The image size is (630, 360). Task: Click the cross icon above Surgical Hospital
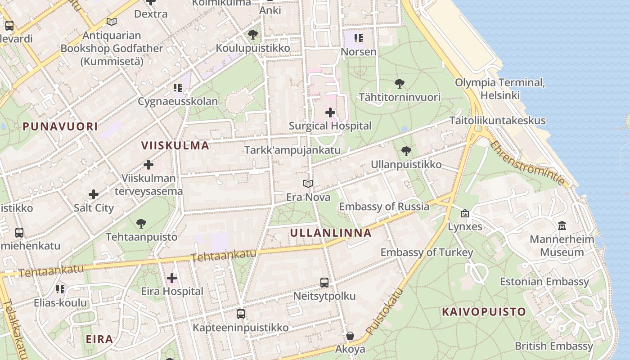[330, 112]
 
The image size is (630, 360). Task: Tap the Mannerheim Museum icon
[562, 225]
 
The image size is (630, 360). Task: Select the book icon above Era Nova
[308, 184]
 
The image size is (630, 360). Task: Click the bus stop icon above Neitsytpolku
[324, 283]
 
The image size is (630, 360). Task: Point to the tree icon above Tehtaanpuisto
[141, 223]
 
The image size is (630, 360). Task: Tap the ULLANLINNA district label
[331, 233]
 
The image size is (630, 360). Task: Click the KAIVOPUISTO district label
[484, 311]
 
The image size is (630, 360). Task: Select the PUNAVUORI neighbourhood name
[60, 126]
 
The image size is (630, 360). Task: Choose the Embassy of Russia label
[384, 207]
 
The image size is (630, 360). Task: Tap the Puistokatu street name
[383, 311]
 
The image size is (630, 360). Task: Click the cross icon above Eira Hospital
[172, 278]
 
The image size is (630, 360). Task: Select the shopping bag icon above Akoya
[350, 336]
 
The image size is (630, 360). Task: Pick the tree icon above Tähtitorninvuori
[399, 83]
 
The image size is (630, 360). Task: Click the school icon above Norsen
[358, 38]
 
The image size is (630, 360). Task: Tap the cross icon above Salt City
[94, 194]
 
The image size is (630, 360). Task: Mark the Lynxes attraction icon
[465, 213]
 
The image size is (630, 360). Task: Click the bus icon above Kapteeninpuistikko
[241, 314]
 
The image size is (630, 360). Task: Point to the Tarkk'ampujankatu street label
[292, 150]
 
